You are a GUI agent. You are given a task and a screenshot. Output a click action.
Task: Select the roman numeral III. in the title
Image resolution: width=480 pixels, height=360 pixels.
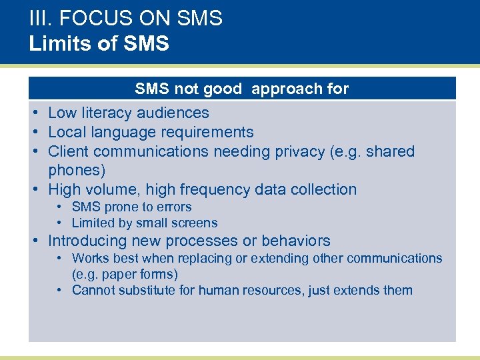[41, 18]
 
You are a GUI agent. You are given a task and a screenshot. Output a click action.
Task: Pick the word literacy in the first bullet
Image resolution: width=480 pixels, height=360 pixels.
[108, 113]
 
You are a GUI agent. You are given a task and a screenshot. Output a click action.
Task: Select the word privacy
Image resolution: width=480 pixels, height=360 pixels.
[291, 152]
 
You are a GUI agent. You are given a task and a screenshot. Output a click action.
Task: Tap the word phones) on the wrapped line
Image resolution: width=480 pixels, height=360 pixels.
[77, 171]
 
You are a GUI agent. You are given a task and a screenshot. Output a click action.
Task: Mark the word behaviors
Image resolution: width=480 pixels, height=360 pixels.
[296, 241]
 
